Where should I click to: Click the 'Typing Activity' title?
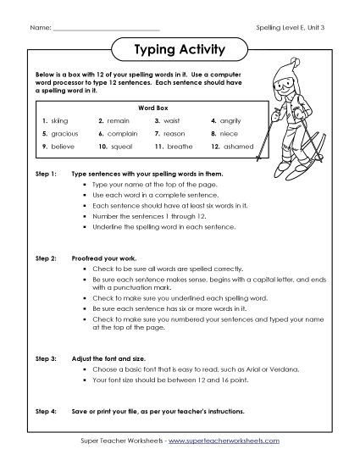pos(180,49)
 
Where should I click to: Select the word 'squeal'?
pos(119,147)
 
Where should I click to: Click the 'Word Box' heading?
pos(141,108)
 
